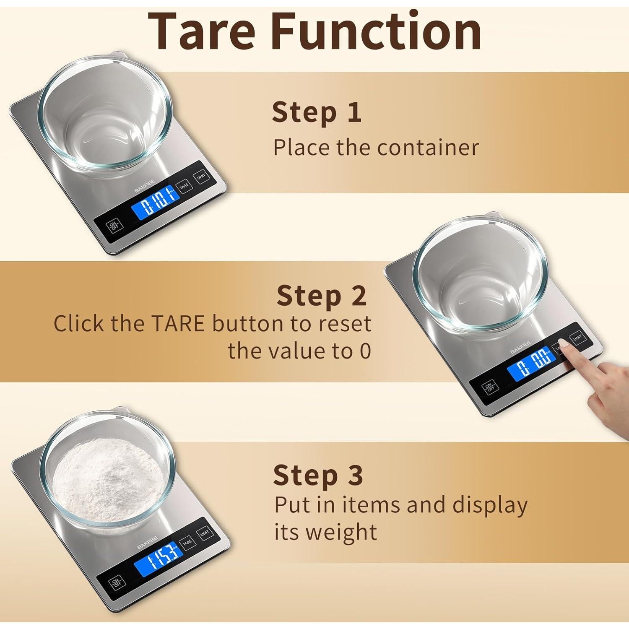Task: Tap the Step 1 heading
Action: pos(317,112)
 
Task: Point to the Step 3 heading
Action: pos(318,475)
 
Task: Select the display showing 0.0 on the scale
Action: pos(531,364)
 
